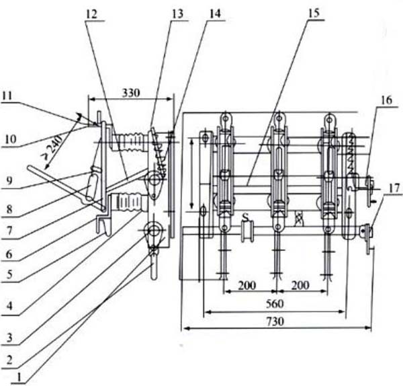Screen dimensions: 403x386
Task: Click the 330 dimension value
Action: point(131,93)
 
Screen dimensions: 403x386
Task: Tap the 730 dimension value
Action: point(275,321)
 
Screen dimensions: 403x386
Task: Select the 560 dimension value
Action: point(275,304)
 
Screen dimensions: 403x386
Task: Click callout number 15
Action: point(313,13)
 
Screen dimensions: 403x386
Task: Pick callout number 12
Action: point(91,14)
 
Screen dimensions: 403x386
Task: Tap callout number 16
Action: point(387,100)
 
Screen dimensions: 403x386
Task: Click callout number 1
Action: point(19,377)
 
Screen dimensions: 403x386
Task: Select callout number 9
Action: point(9,181)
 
